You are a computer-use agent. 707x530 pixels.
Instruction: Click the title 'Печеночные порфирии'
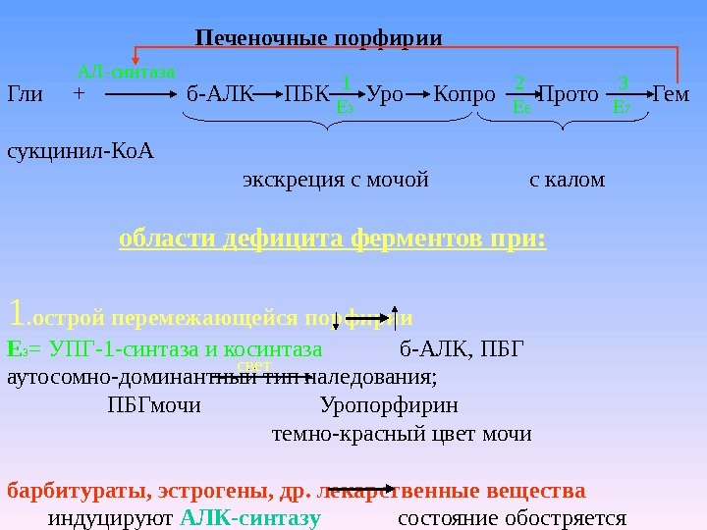pyautogui.click(x=319, y=38)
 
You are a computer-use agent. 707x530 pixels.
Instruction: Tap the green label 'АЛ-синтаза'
pyautogui.click(x=126, y=72)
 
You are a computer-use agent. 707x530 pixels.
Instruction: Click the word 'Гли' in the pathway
pyautogui.click(x=25, y=95)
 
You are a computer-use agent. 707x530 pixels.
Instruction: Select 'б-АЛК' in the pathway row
pyautogui.click(x=219, y=95)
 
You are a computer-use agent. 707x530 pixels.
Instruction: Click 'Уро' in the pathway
pyautogui.click(x=387, y=95)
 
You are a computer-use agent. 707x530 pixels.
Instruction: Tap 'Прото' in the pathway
pyautogui.click(x=569, y=95)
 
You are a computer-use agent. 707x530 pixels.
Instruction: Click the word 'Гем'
pyautogui.click(x=672, y=95)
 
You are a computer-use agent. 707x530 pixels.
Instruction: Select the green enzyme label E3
pyautogui.click(x=345, y=106)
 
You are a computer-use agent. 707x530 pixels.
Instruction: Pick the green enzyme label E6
pyautogui.click(x=521, y=106)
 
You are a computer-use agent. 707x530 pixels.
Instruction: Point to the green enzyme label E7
pyautogui.click(x=622, y=106)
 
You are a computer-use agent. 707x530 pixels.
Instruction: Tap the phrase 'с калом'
pyautogui.click(x=567, y=181)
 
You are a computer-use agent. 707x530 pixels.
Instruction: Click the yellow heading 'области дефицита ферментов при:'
pyautogui.click(x=332, y=239)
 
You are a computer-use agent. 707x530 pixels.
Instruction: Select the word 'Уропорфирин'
pyautogui.click(x=388, y=405)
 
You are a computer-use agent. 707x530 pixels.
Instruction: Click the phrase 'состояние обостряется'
pyautogui.click(x=512, y=518)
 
